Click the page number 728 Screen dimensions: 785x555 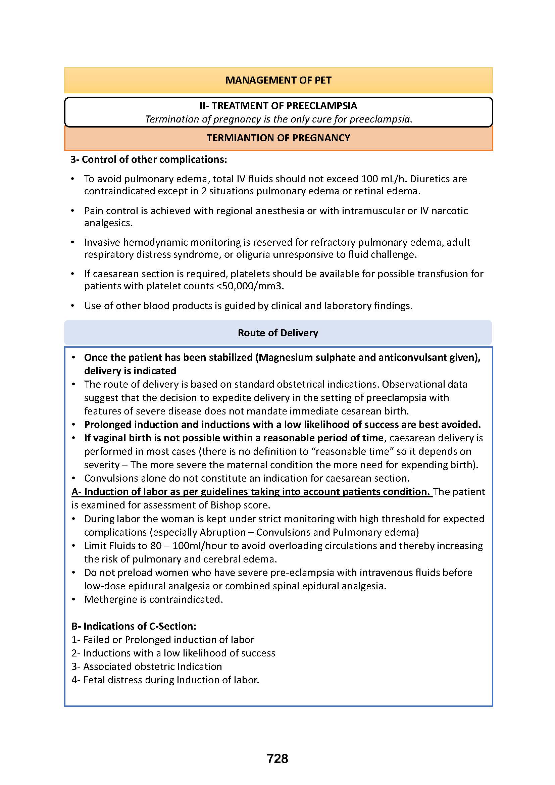click(277, 759)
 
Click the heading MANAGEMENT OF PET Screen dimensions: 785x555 click(278, 80)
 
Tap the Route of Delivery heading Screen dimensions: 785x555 click(278, 333)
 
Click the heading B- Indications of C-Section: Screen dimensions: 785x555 click(134, 626)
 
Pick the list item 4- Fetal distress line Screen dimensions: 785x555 click(165, 680)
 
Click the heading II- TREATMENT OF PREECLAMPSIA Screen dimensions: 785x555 click(278, 106)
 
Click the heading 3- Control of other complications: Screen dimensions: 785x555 click(149, 159)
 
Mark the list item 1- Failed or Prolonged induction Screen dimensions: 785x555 click(163, 639)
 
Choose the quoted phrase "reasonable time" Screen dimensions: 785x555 click(352, 451)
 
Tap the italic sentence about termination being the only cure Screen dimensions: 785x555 click(278, 119)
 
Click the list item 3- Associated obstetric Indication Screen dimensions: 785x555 click(147, 667)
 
